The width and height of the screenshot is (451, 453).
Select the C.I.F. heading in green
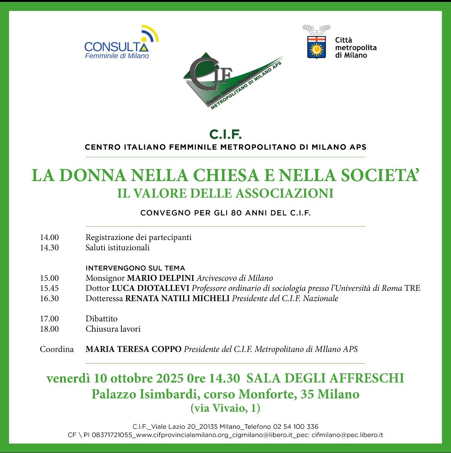tap(225, 134)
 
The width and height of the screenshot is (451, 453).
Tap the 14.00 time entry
tap(49, 237)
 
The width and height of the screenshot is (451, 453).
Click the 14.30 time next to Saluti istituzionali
tap(49, 248)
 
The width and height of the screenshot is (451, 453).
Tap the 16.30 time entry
tap(49, 299)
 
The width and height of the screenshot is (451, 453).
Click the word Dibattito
tap(101, 319)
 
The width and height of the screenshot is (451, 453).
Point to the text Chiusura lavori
tap(113, 329)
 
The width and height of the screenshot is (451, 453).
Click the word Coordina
tap(57, 349)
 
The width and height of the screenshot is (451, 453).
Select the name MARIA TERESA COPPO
tap(133, 349)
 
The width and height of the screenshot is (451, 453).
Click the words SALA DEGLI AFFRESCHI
tap(325, 378)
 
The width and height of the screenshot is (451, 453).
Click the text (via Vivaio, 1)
tap(225, 408)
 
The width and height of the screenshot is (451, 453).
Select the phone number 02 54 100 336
tap(296, 427)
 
